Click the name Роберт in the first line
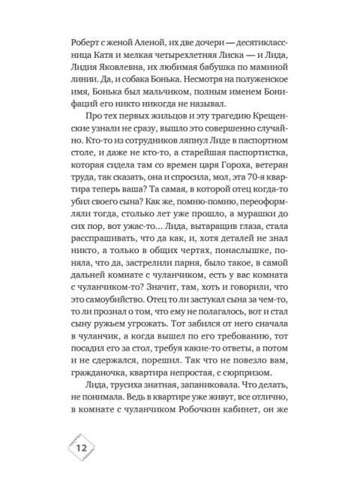[84, 44]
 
